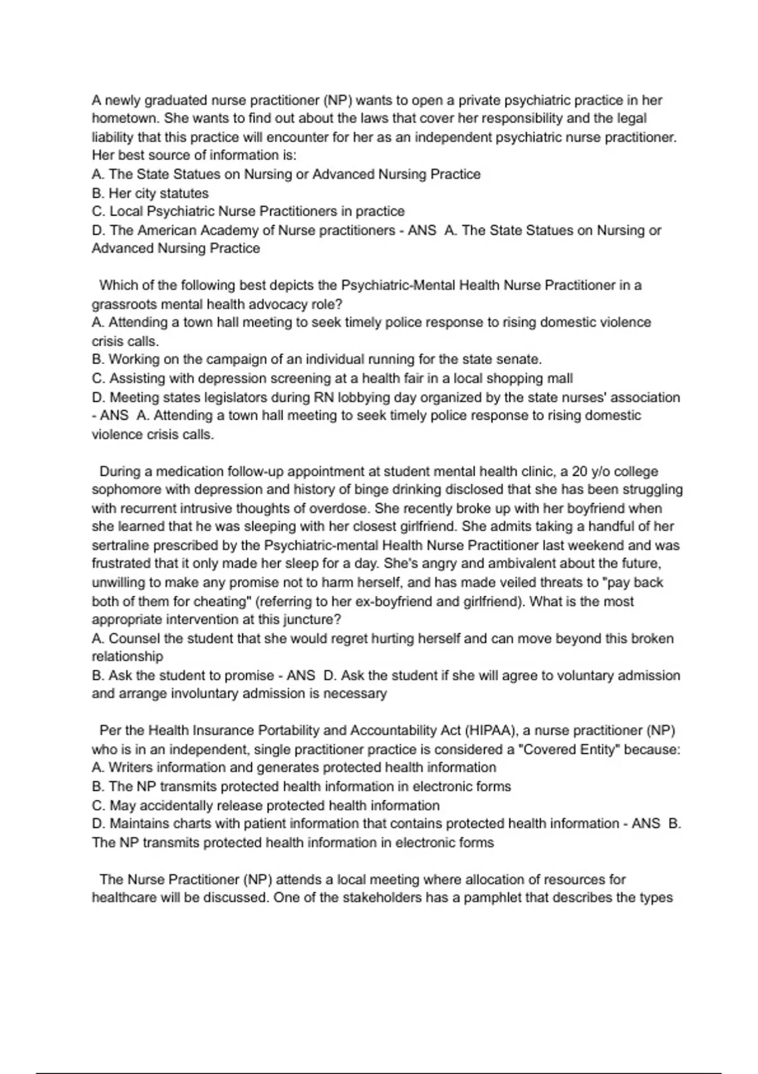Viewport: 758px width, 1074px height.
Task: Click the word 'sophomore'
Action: click(x=123, y=490)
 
